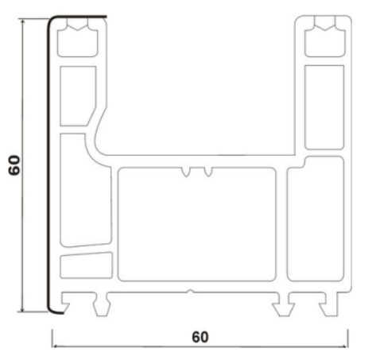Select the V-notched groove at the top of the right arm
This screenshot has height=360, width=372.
click(324, 33)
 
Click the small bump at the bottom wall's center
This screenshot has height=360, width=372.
click(190, 292)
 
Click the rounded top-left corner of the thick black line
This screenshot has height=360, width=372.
click(50, 21)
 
